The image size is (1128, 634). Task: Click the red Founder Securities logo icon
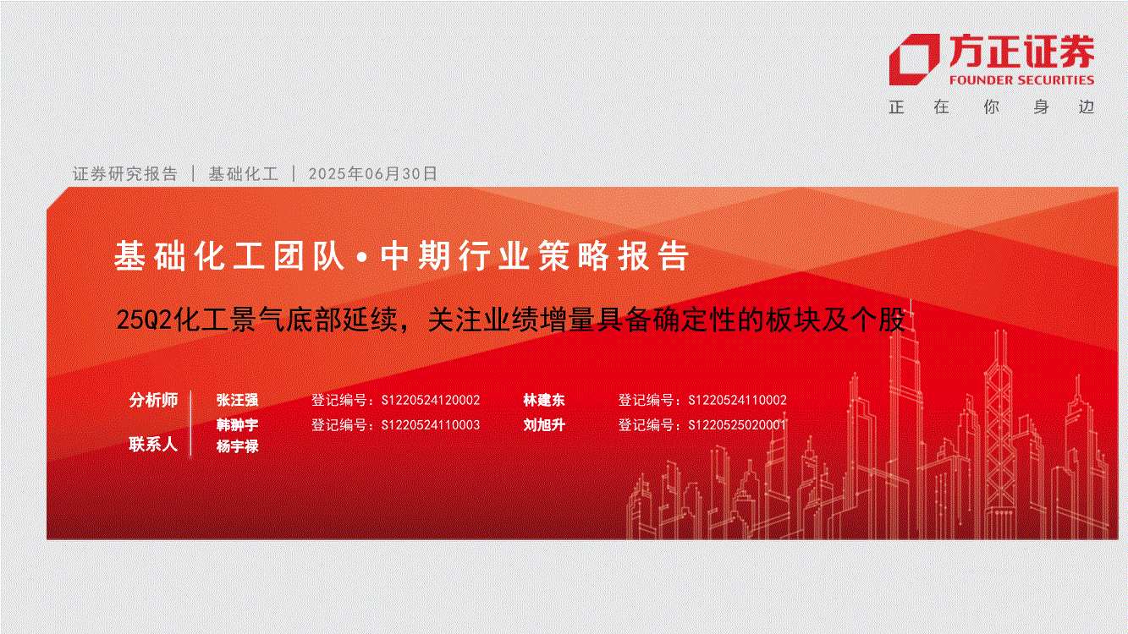pos(914,59)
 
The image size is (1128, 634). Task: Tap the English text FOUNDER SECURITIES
pos(1021,80)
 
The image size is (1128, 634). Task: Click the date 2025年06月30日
pos(372,173)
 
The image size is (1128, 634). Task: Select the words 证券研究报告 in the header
pos(125,173)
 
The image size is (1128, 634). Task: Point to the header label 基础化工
pos(243,173)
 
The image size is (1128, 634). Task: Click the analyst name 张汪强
pos(237,400)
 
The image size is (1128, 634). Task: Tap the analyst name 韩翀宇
pos(237,424)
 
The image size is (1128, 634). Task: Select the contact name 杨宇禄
pos(237,445)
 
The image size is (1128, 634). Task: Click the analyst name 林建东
pos(544,400)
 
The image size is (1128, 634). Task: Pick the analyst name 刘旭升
pos(544,424)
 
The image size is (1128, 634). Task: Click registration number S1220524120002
pos(431,400)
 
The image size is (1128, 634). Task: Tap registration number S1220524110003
pos(431,425)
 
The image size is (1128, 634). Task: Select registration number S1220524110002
pos(737,400)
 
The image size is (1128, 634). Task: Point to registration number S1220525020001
pos(737,425)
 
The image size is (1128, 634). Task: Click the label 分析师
pos(154,400)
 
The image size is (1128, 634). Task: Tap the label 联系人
pos(154,445)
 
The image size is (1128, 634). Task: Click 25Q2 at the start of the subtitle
pos(144,320)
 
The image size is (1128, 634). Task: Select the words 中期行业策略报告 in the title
pos(534,256)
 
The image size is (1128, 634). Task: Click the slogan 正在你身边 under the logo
pos(992,107)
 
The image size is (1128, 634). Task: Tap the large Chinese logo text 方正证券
pos(1021,52)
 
